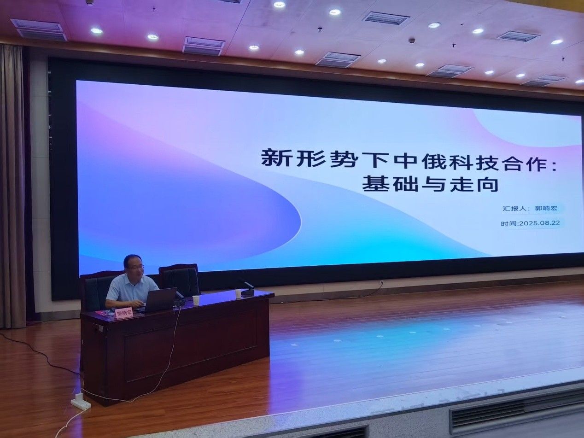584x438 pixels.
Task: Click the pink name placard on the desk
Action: click(x=123, y=313)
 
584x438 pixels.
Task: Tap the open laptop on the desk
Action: click(x=160, y=300)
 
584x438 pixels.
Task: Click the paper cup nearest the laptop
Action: click(x=196, y=300)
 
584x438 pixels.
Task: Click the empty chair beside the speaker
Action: click(x=179, y=280)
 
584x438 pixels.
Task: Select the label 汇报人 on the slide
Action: click(x=511, y=208)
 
